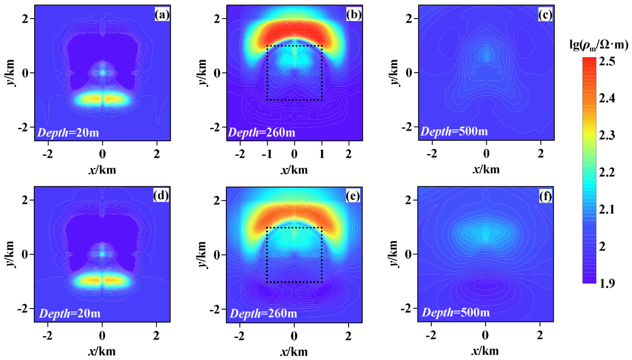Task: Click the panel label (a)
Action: point(162,15)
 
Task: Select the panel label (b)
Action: point(354,15)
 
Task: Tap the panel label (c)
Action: point(545,15)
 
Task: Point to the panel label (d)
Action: point(161,196)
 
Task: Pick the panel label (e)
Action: point(353,196)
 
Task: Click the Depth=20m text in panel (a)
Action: point(68,132)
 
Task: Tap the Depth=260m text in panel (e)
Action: point(263,313)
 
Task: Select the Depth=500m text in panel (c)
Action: point(454,131)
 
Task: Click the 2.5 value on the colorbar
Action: point(607,62)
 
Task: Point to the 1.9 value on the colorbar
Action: point(607,283)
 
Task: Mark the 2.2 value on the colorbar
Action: point(607,172)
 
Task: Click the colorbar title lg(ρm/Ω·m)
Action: point(599,45)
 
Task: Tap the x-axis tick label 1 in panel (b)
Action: point(321,154)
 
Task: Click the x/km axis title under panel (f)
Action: point(485,351)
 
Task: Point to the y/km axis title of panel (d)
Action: point(10,254)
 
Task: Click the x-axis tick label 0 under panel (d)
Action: point(102,336)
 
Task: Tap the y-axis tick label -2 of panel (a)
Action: point(24,127)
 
